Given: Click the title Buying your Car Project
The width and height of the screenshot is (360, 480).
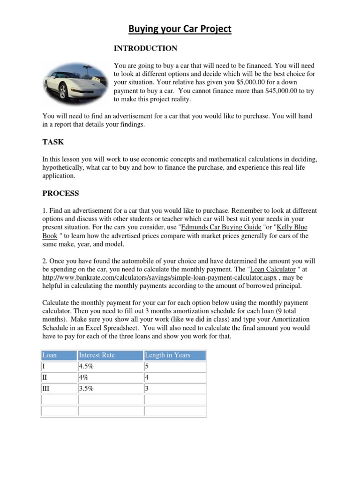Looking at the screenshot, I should pyautogui.click(x=180, y=29).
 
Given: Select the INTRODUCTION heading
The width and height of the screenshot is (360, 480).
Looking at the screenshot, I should pyautogui.click(x=146, y=48).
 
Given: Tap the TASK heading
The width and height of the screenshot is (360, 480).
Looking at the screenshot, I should pyautogui.click(x=53, y=142).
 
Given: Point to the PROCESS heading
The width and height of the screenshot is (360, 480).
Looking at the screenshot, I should pyautogui.click(x=60, y=193).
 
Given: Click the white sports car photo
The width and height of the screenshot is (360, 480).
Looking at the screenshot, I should pyautogui.click(x=75, y=82).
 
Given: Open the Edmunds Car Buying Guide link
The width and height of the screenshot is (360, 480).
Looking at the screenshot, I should pyautogui.click(x=221, y=227).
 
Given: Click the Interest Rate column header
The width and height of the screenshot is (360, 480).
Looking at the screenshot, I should pyautogui.click(x=97, y=355).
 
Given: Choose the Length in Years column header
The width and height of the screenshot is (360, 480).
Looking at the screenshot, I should pyautogui.click(x=167, y=355).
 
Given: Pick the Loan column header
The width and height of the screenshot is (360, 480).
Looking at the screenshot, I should pyautogui.click(x=50, y=355).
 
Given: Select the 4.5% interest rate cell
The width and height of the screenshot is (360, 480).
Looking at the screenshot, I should pyautogui.click(x=88, y=367).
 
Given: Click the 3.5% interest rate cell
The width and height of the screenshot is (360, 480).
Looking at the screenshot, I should pyautogui.click(x=88, y=389).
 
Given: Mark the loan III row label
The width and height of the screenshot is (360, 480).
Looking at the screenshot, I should pyautogui.click(x=46, y=389).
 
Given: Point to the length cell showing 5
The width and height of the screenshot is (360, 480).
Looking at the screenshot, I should pyautogui.click(x=147, y=367).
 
